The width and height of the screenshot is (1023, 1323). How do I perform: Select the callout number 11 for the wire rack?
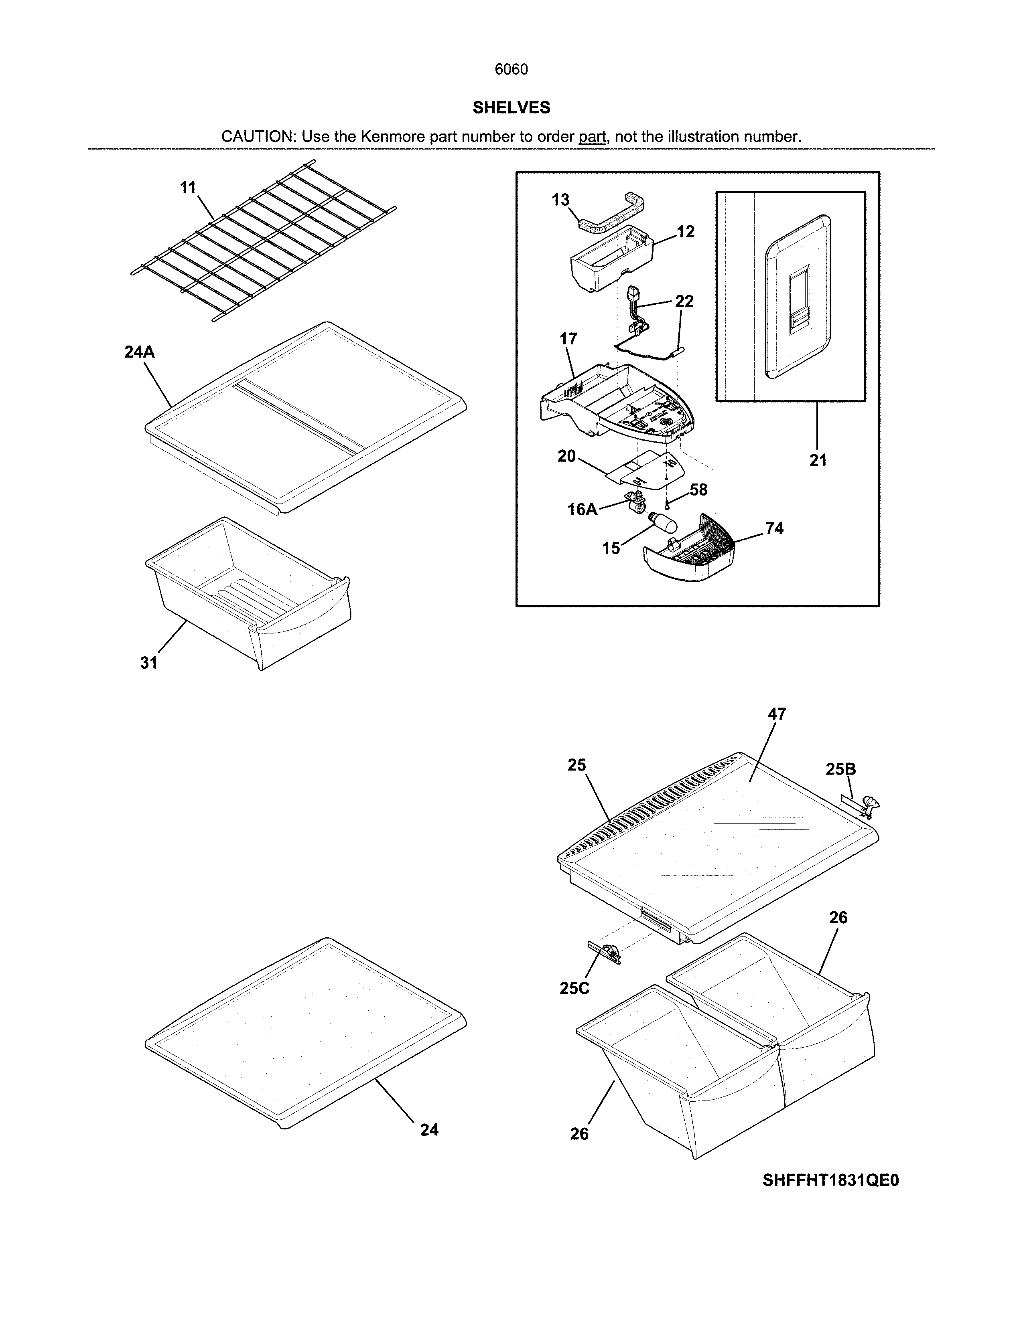point(188,187)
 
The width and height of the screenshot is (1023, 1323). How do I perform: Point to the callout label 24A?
point(139,352)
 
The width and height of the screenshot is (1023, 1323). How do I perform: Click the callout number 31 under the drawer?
point(149,663)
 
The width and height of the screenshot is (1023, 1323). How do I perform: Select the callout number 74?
point(774,528)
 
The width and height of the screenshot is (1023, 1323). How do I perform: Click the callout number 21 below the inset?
point(818,460)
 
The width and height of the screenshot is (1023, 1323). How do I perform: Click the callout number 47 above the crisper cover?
point(777,714)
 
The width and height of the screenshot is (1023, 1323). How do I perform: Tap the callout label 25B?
point(840,769)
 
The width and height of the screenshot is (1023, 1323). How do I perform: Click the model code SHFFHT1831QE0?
point(830,1181)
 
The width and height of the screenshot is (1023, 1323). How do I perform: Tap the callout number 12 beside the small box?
point(686,232)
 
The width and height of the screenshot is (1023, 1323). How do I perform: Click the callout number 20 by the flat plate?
point(566,456)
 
